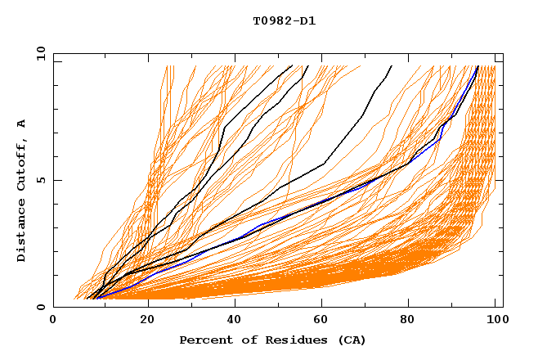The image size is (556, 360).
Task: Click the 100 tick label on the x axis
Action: (495, 321)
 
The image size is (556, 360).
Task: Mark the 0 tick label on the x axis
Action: (53, 321)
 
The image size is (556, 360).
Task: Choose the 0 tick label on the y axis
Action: (40, 308)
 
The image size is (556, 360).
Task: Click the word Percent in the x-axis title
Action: (205, 340)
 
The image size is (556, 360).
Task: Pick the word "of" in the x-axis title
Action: (251, 340)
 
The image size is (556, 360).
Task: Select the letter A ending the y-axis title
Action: (21, 122)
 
